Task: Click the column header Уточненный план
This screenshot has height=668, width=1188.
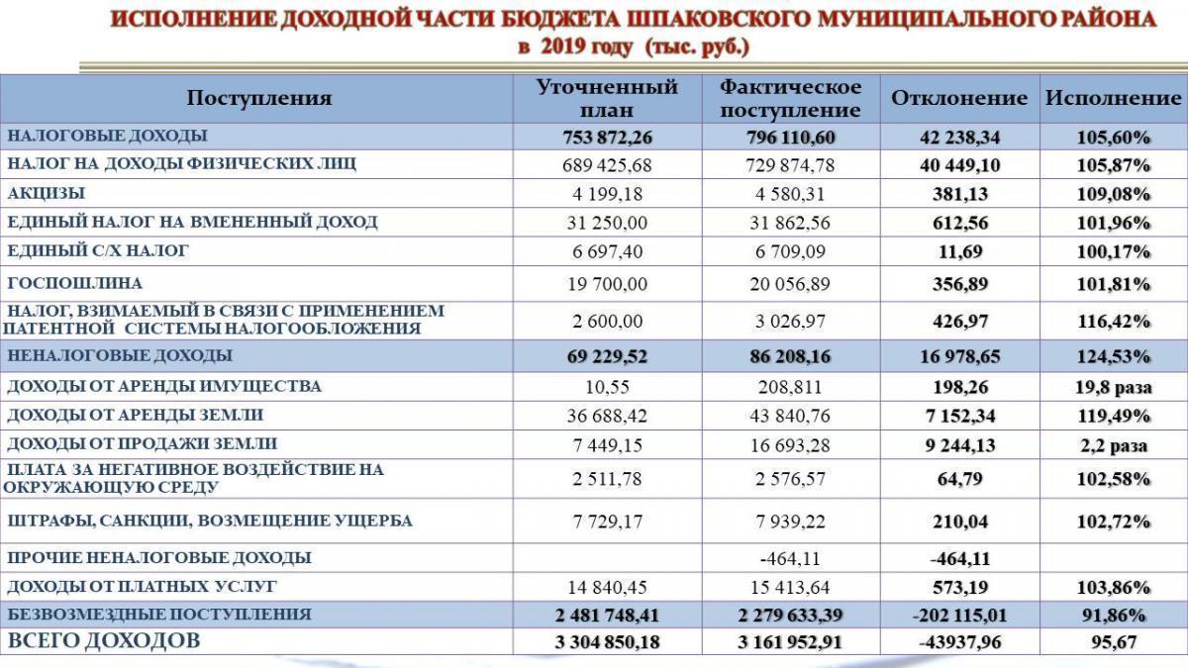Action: [607, 98]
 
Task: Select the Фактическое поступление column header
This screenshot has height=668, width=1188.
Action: [790, 98]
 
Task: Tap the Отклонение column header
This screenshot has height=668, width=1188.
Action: [959, 98]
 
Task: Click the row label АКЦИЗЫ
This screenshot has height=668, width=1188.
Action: [46, 193]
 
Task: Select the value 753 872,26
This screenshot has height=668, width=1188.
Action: [607, 137]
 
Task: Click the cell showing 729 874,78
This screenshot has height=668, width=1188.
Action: [790, 164]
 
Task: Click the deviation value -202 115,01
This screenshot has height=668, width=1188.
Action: [959, 615]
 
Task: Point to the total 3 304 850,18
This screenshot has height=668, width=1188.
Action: [607, 642]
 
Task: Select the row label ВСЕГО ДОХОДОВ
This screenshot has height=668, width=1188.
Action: [104, 641]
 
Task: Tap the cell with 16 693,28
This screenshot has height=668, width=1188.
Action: [790, 445]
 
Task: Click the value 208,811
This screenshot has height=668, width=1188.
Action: [790, 387]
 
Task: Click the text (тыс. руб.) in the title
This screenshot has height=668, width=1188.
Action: [697, 47]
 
